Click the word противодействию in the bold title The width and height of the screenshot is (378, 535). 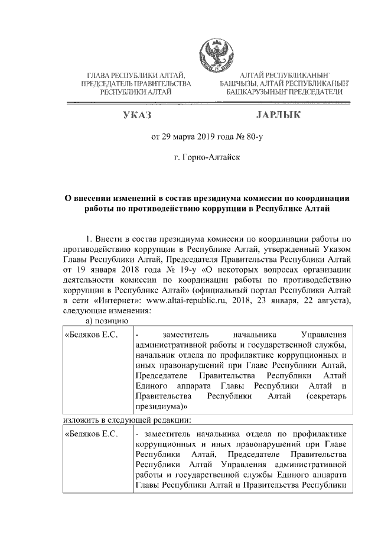pos(181,209)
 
